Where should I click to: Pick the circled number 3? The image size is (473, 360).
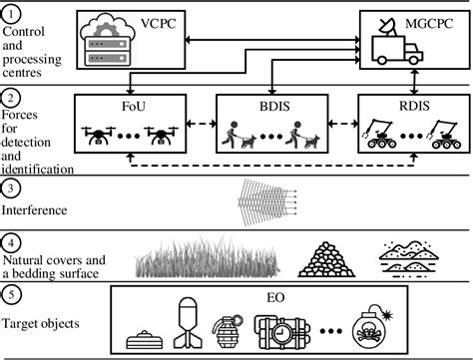point(10,185)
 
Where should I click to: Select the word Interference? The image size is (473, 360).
point(35,211)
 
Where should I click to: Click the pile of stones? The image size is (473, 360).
point(328,259)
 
